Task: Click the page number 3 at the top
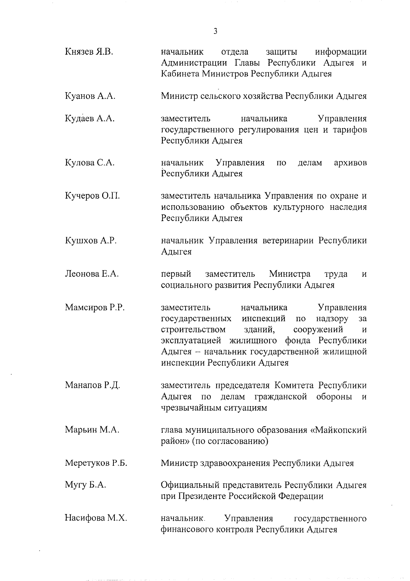[215, 31]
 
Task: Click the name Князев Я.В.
[89, 52]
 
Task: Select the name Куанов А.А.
[90, 96]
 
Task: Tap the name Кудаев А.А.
[90, 119]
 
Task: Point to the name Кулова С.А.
[90, 163]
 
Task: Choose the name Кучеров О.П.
[92, 196]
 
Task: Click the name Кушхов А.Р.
[91, 240]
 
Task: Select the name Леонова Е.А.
[92, 274]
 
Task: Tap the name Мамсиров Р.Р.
[95, 307]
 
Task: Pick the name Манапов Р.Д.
[92, 386]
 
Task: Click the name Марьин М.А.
[92, 430]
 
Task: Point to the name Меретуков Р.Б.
[96, 463]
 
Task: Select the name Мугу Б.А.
[85, 485]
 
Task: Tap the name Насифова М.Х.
[96, 518]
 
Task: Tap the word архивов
[350, 163]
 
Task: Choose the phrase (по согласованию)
[230, 441]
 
